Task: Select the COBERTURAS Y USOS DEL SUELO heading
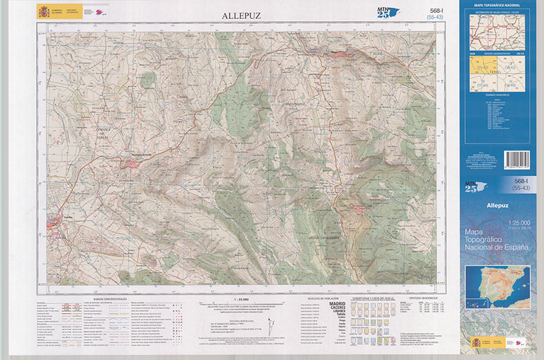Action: pyautogui.click(x=369, y=298)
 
